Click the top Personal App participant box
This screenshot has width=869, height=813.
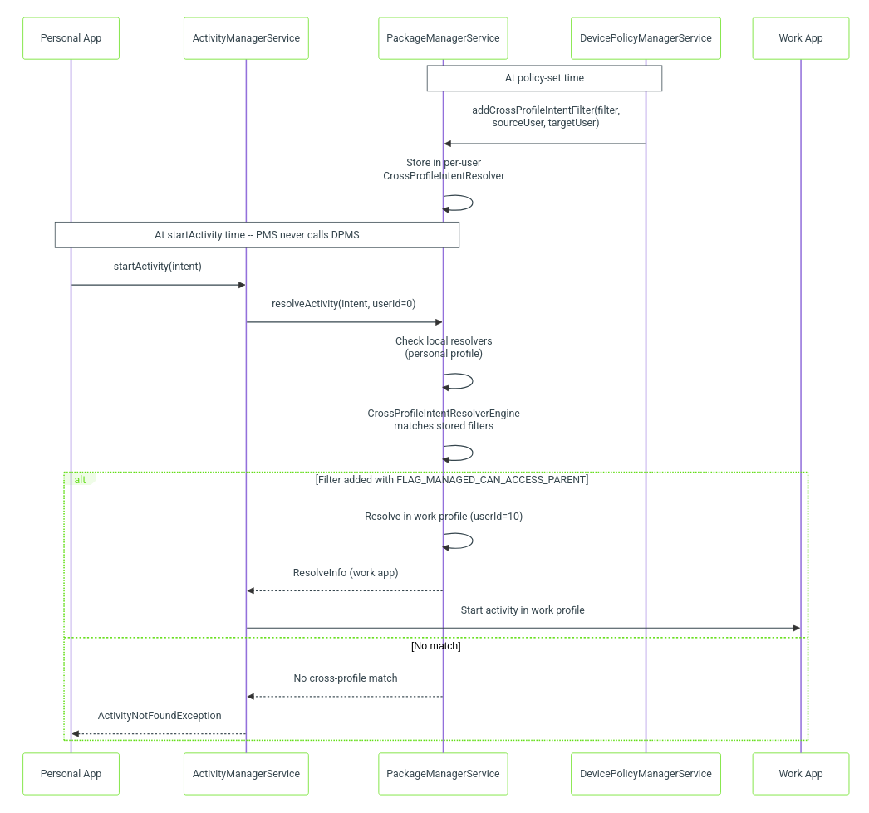click(71, 38)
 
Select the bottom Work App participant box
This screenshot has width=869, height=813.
click(800, 774)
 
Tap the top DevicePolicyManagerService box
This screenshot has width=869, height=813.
click(646, 38)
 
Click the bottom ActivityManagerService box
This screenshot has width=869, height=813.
click(246, 774)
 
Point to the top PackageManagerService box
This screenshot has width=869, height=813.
click(443, 38)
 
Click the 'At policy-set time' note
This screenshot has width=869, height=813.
click(544, 78)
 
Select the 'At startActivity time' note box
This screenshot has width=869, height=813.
click(258, 235)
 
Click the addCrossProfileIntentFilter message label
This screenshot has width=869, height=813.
click(546, 116)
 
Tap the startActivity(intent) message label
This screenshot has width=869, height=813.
click(157, 267)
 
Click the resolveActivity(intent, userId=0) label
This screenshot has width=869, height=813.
click(344, 303)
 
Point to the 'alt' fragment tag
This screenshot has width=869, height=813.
click(81, 479)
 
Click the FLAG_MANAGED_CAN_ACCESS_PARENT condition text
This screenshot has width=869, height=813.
click(452, 480)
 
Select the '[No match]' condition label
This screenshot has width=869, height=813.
click(435, 646)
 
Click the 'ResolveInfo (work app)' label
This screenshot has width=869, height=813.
click(346, 573)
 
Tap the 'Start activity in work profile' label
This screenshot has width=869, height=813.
click(523, 610)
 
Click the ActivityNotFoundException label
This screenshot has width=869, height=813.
click(160, 716)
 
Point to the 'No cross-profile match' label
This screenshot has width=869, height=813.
click(346, 678)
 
